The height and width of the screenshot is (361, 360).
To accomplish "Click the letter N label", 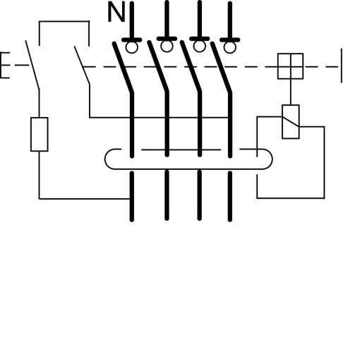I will pos(116,13).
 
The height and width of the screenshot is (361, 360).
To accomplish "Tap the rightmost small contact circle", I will pos(230,47).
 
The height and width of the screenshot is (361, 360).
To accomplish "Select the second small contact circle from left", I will pos(166,47).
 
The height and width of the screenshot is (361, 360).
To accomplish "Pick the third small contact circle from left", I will pos(199,47).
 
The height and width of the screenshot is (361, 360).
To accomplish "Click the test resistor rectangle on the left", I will pos(40,135).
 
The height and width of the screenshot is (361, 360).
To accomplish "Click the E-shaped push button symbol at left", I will pos(5,66).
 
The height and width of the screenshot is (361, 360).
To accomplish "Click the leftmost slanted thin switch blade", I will pos(32,65).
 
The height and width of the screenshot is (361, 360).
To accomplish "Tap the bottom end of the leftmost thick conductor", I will pos(132,219).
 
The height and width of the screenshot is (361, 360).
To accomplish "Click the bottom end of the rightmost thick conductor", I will pos(231,219).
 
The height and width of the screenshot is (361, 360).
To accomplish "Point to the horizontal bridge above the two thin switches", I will pos(64,23).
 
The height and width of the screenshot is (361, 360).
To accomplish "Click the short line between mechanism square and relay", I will pos(290,92).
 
